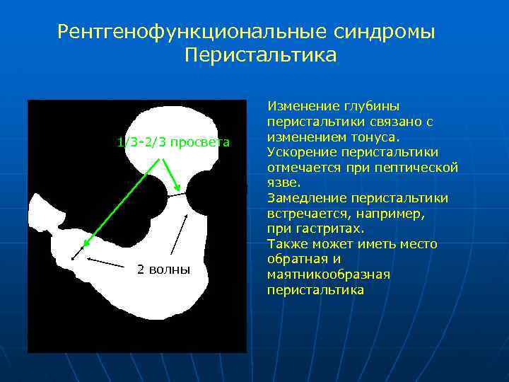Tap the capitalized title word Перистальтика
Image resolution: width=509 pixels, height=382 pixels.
[261, 55]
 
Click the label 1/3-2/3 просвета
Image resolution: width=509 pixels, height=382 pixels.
[173, 142]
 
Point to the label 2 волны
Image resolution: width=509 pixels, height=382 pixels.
[163, 270]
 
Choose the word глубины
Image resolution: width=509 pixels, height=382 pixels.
[372, 106]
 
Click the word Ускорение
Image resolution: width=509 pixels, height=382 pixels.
[302, 152]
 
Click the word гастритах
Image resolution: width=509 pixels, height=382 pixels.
[334, 228]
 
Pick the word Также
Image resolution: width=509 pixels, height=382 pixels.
[287, 244]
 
